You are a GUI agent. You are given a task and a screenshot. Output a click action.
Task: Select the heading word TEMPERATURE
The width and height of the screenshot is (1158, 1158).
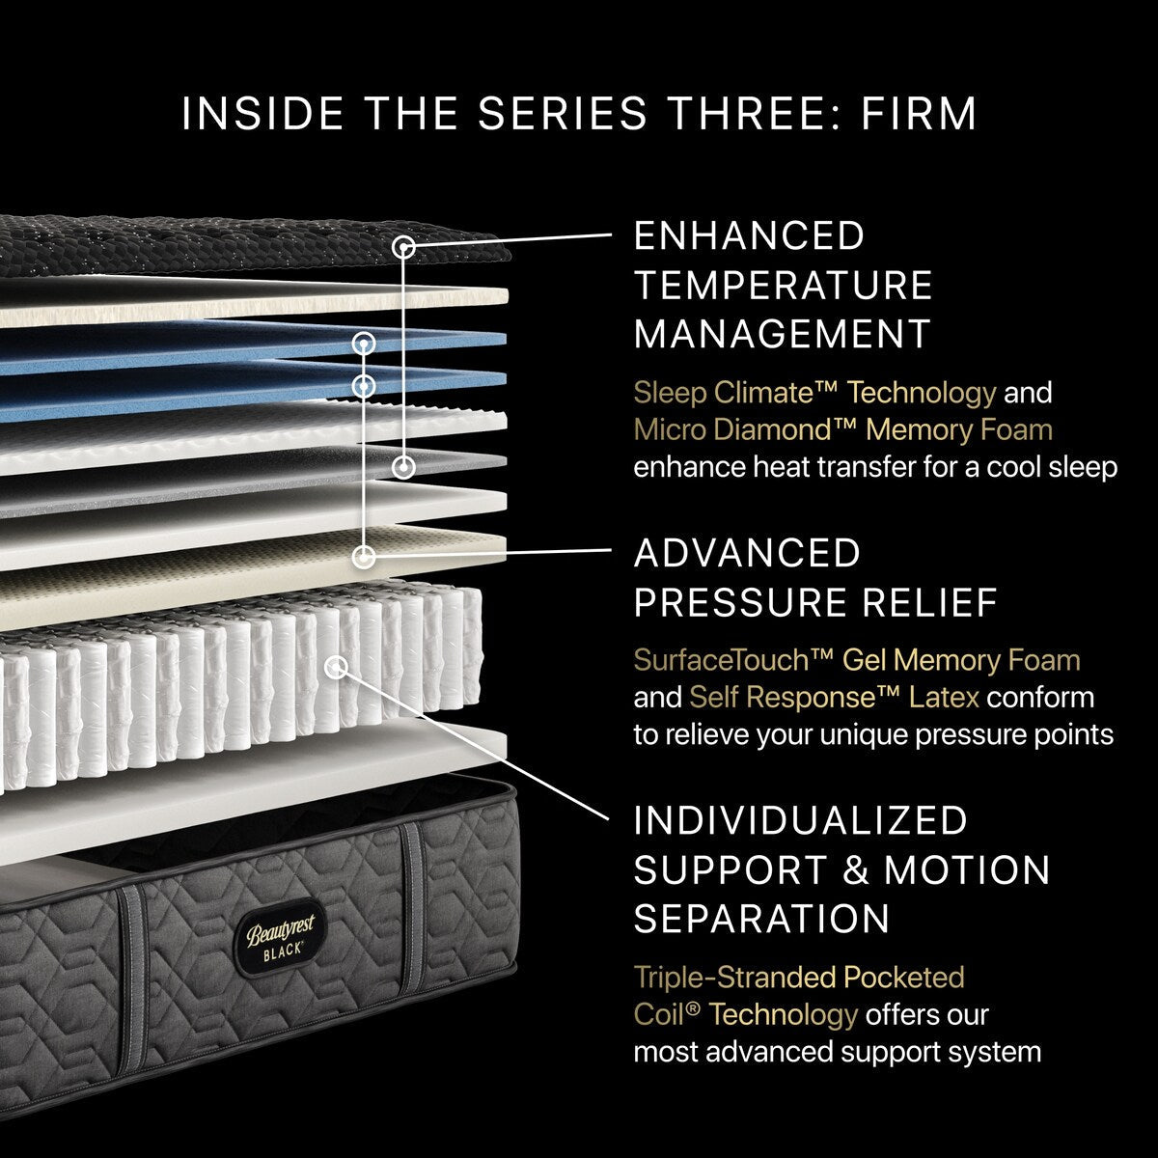pos(783,286)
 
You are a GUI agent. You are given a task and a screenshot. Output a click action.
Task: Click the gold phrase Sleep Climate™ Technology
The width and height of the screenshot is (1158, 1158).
pos(813,393)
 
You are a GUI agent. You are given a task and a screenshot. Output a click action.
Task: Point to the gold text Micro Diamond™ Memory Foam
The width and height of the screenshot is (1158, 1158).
pos(842,429)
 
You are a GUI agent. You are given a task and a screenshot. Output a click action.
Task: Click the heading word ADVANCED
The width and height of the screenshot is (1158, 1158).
pos(746,554)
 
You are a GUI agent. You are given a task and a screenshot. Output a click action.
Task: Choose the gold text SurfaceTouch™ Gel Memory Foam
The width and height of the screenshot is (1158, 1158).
pos(856,660)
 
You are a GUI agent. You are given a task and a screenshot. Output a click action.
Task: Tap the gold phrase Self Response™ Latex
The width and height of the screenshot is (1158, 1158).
pos(834,697)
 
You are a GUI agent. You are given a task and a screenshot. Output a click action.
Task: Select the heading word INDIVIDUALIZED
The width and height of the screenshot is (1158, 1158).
pos(800,820)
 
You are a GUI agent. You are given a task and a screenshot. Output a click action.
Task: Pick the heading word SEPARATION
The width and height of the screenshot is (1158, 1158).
pos(761,919)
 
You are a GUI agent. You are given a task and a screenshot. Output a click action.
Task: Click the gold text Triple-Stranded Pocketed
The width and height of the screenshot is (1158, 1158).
pos(798,977)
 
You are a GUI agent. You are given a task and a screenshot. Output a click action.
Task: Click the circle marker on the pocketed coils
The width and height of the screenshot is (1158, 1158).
pos(337,666)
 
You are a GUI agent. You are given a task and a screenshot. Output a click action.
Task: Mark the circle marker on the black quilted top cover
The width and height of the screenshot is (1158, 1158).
pos(404,248)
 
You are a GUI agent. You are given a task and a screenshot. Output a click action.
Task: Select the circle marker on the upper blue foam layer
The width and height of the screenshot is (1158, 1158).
pos(364,343)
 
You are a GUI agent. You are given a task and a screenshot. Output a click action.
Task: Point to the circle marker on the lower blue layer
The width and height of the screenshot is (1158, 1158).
pos(364,386)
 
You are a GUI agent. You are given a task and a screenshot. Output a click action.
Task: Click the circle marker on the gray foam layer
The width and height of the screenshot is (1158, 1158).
pos(403,468)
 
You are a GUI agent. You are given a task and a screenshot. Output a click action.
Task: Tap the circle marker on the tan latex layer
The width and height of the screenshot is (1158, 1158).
pos(364,556)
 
